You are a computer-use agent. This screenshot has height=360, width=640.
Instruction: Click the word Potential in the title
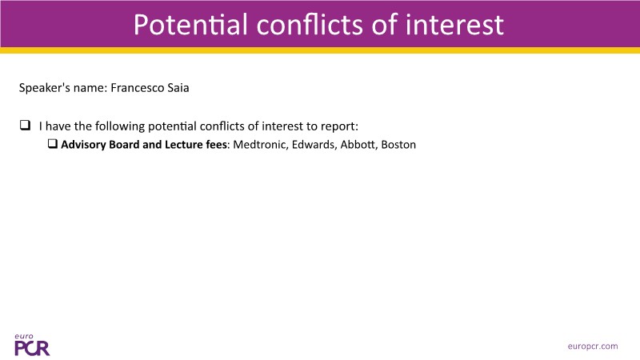[190, 25]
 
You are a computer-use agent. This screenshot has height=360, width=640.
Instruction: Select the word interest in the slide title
[454, 25]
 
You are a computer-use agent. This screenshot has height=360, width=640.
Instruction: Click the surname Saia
[178, 88]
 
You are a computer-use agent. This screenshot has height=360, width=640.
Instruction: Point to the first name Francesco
[137, 88]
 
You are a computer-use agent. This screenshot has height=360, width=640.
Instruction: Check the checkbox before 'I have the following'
[25, 125]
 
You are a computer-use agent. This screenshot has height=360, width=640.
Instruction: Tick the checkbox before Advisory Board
[53, 144]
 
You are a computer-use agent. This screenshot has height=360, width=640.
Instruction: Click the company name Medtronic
[259, 145]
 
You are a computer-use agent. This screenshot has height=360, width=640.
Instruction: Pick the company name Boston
[398, 145]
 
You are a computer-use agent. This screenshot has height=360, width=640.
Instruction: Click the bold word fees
[217, 145]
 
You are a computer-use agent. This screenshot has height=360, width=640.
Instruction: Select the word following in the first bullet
[120, 126]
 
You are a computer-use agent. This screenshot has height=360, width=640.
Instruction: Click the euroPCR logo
[32, 345]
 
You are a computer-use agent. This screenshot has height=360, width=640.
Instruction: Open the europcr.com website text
[593, 346]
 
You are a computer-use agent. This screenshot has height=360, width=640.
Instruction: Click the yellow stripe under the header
[320, 50]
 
